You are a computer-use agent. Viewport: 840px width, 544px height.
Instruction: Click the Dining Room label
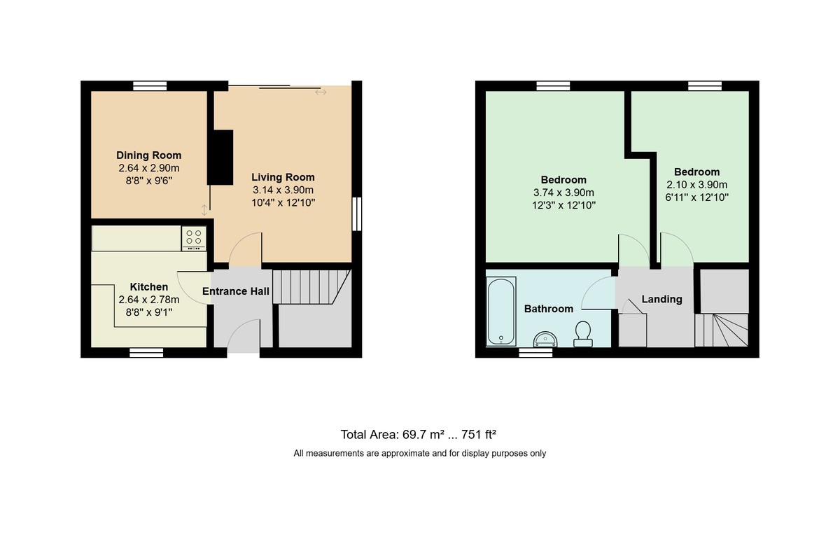148,155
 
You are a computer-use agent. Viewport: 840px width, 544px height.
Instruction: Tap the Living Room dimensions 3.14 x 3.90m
283,190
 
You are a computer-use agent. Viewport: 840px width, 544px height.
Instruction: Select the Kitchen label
148,287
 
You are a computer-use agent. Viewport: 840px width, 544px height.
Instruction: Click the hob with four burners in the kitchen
193,238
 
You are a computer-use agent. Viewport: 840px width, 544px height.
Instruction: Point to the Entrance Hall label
235,291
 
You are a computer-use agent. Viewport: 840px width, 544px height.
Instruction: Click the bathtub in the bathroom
501,312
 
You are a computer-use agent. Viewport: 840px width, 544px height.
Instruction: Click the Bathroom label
549,309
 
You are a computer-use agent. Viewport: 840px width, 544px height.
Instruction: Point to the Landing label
661,300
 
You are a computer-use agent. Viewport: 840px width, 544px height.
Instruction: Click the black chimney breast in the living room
223,157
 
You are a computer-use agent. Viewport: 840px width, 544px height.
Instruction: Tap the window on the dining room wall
150,86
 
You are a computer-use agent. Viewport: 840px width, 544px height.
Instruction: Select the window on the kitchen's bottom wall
146,353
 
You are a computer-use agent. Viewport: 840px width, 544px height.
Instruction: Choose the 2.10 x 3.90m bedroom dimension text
696,185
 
